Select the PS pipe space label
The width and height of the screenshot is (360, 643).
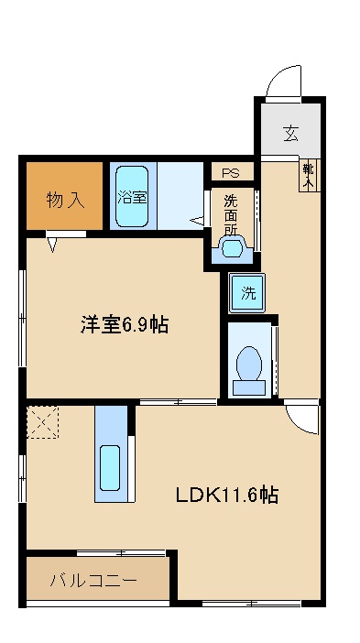[231, 172]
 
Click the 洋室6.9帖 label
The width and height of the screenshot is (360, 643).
[124, 325]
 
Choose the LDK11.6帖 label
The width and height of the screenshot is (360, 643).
[227, 496]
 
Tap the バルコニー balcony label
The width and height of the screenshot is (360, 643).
[93, 580]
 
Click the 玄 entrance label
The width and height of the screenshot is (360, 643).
[289, 134]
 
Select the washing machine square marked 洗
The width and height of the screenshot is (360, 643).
[247, 293]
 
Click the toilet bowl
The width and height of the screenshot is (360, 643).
[248, 365]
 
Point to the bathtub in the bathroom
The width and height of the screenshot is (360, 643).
[134, 196]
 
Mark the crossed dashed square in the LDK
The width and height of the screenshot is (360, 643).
[42, 422]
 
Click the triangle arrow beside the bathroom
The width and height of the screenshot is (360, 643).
[196, 220]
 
